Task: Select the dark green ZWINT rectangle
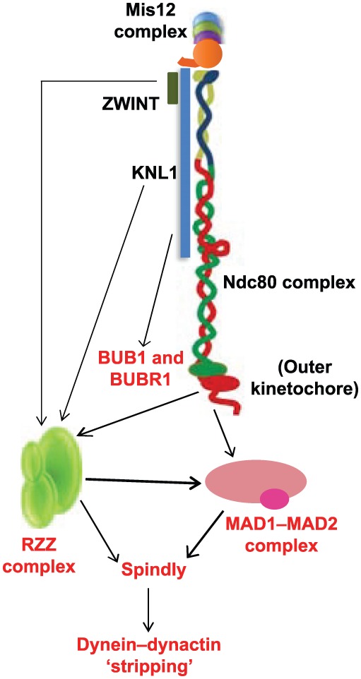pos(172,88)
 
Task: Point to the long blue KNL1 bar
pos(184,162)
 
